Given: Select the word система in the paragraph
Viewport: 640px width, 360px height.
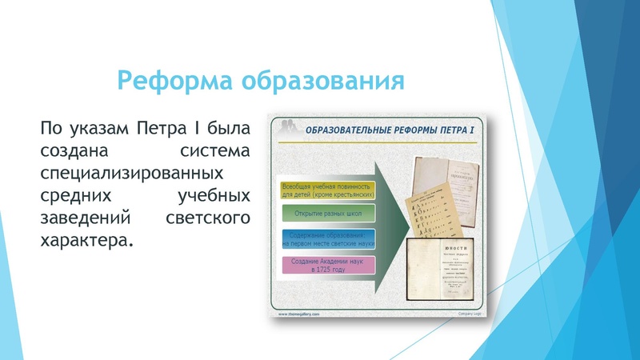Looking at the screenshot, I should (x=215, y=150).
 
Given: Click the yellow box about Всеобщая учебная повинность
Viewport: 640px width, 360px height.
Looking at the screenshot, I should (x=327, y=190).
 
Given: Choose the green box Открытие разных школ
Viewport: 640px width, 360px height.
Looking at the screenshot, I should (x=327, y=214).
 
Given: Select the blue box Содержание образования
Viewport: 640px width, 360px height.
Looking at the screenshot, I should (x=327, y=240).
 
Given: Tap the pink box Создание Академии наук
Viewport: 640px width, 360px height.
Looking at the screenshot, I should (x=327, y=266).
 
